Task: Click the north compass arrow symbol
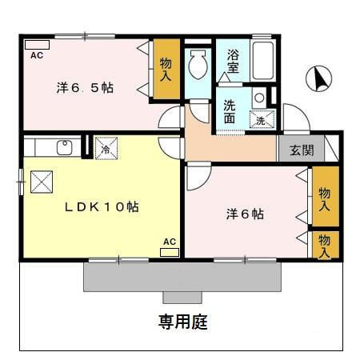point(321,78)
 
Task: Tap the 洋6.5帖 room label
point(84,87)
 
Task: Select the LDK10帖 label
point(102,206)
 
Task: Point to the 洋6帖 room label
point(244,214)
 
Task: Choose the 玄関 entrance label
point(302,150)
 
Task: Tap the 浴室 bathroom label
point(233,62)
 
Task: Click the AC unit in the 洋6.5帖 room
point(37,45)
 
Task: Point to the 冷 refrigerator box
point(103,147)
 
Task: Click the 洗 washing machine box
point(261,120)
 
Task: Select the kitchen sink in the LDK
point(64,147)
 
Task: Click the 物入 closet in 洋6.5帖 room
point(166,70)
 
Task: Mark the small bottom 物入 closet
point(324,245)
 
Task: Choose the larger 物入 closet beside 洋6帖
point(324,198)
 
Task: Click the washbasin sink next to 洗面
point(258,98)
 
